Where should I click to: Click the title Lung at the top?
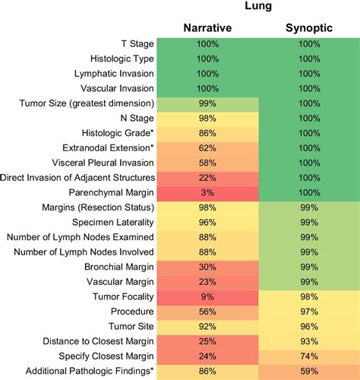pyautogui.click(x=257, y=7)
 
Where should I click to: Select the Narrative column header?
pyautogui.click(x=207, y=28)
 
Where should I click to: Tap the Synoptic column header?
pyautogui.click(x=308, y=28)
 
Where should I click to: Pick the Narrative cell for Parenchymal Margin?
pyautogui.click(x=207, y=192)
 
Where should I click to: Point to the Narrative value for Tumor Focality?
pyautogui.click(x=207, y=296)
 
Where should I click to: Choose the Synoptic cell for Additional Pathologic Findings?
pyautogui.click(x=308, y=371)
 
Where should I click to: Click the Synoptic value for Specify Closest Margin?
pyautogui.click(x=308, y=356)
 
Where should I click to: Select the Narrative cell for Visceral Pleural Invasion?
pyautogui.click(x=207, y=163)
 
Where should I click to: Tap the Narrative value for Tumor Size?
pyautogui.click(x=207, y=103)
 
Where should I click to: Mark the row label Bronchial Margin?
pyautogui.click(x=114, y=267)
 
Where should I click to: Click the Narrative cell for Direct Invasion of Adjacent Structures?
pyautogui.click(x=207, y=177)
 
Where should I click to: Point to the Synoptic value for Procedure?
pyautogui.click(x=308, y=312)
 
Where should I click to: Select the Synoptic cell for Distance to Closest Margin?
pyautogui.click(x=308, y=341)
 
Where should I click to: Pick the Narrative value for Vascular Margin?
pyautogui.click(x=207, y=281)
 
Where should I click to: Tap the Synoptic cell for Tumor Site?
pyautogui.click(x=308, y=326)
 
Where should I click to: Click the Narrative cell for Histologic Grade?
pyautogui.click(x=207, y=133)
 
